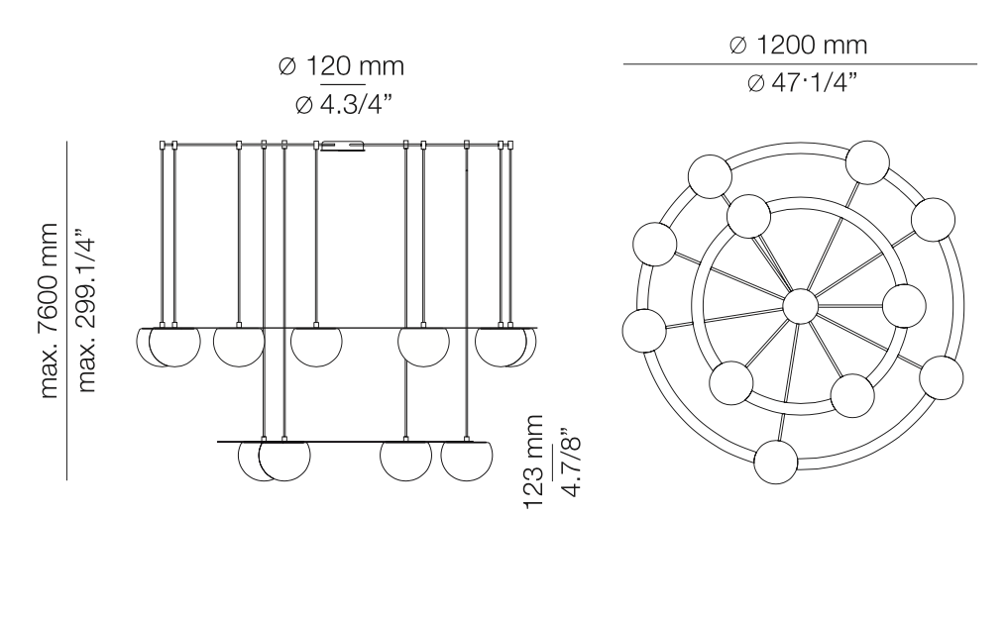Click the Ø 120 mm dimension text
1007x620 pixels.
[342, 67]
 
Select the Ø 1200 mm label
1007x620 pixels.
[799, 45]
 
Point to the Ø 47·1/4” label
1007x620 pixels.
[799, 83]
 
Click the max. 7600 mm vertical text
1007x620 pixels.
[51, 311]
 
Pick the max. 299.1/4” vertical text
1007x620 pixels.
[87, 311]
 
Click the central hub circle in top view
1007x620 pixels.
[799, 306]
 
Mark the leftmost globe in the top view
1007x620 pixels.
[644, 329]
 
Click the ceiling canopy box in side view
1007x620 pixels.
[343, 148]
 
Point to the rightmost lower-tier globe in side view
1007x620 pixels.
[466, 462]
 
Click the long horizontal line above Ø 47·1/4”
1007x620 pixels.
[799, 64]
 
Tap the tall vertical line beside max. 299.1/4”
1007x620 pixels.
[66, 311]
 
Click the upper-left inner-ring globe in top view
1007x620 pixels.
[747, 217]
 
